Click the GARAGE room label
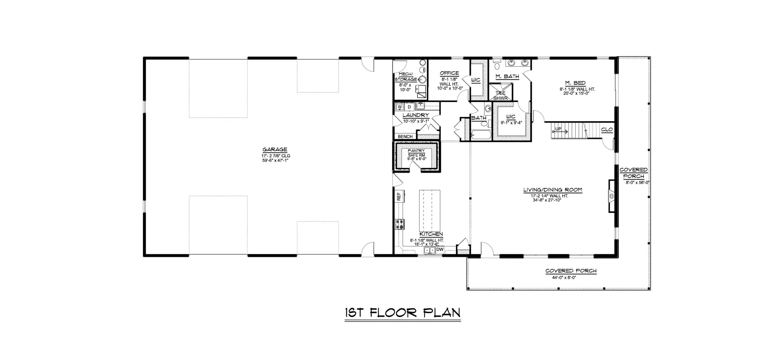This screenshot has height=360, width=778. (x=275, y=149)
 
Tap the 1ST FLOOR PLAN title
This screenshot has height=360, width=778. (x=403, y=313)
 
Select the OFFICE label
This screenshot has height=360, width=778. (x=449, y=73)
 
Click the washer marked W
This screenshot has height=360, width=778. (x=400, y=107)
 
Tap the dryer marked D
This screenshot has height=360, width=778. (x=409, y=107)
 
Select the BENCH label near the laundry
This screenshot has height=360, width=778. (x=405, y=137)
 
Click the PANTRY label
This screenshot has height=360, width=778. (x=416, y=151)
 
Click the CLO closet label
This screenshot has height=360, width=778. (x=607, y=130)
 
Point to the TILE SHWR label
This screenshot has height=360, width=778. (x=500, y=96)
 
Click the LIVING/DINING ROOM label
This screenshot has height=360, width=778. (x=553, y=190)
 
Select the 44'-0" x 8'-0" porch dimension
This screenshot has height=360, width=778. (x=564, y=277)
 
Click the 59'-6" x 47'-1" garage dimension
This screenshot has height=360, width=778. (x=275, y=160)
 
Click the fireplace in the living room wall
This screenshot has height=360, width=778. (x=611, y=196)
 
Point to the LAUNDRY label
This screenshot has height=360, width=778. (x=416, y=115)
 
